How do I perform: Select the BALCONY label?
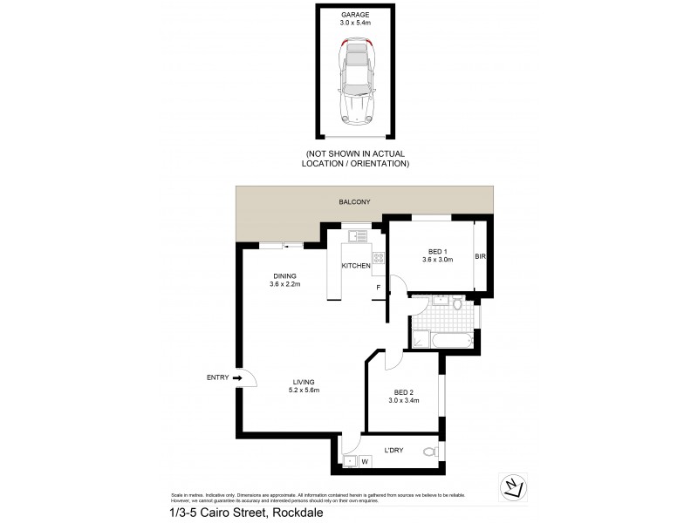[x=355, y=202]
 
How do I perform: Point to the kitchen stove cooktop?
[x=378, y=256]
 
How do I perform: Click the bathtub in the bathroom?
[x=443, y=340]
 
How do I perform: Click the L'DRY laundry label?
[x=395, y=452]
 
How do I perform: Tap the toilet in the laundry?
[x=428, y=452]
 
